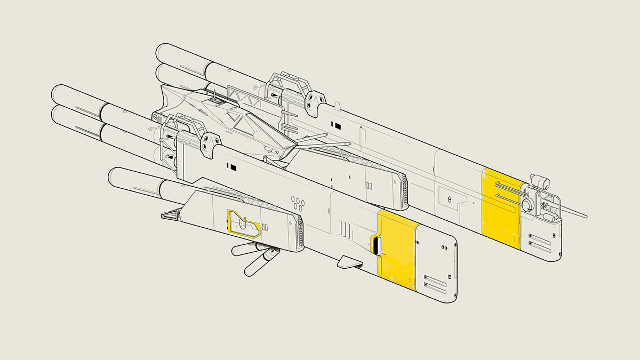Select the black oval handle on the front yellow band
[x=376, y=246]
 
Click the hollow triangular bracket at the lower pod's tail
[x=171, y=215]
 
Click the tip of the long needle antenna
[x=587, y=217]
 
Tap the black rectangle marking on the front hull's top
[x=233, y=168]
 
